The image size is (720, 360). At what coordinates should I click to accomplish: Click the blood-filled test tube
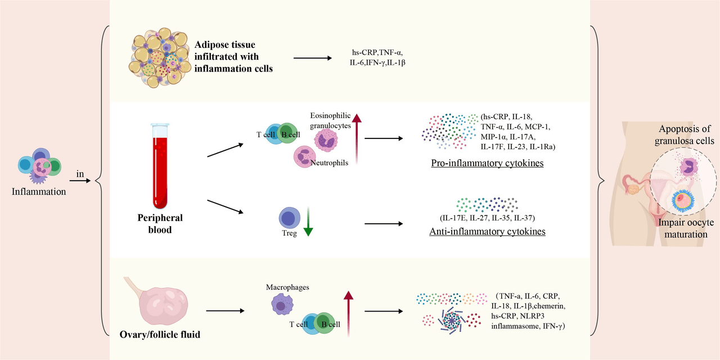click(x=160, y=166)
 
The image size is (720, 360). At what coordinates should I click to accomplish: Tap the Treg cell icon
click(x=289, y=218)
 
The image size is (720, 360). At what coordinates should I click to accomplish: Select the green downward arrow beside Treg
click(x=308, y=222)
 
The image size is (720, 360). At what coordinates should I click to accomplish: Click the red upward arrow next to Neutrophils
click(x=357, y=139)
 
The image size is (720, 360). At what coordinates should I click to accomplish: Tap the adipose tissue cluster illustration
click(x=160, y=58)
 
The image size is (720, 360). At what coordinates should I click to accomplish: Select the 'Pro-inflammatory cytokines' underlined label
click(x=487, y=163)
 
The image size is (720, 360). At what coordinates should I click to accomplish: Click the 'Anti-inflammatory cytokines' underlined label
click(x=487, y=231)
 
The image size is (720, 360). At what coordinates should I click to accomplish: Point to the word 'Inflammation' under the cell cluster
click(x=39, y=192)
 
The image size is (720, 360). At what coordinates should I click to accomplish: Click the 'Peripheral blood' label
click(x=160, y=224)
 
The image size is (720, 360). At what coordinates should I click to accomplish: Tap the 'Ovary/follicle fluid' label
click(x=160, y=335)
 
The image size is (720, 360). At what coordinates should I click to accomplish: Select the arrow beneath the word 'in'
click(x=80, y=181)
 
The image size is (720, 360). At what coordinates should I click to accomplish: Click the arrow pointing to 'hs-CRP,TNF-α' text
click(x=312, y=58)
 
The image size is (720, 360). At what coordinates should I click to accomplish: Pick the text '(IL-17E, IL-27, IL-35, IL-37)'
click(x=487, y=218)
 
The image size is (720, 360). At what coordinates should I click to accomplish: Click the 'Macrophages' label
click(x=287, y=287)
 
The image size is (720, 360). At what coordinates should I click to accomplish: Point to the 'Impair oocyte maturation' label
click(x=686, y=228)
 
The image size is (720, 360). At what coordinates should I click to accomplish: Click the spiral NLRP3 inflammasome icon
click(x=451, y=321)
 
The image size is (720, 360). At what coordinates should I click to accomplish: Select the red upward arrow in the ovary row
click(x=348, y=314)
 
